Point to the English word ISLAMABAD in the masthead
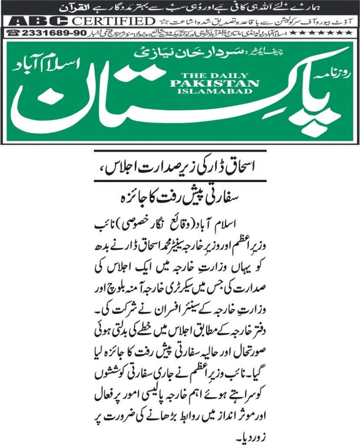click(215, 91)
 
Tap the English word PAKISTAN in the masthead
click(215, 83)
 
